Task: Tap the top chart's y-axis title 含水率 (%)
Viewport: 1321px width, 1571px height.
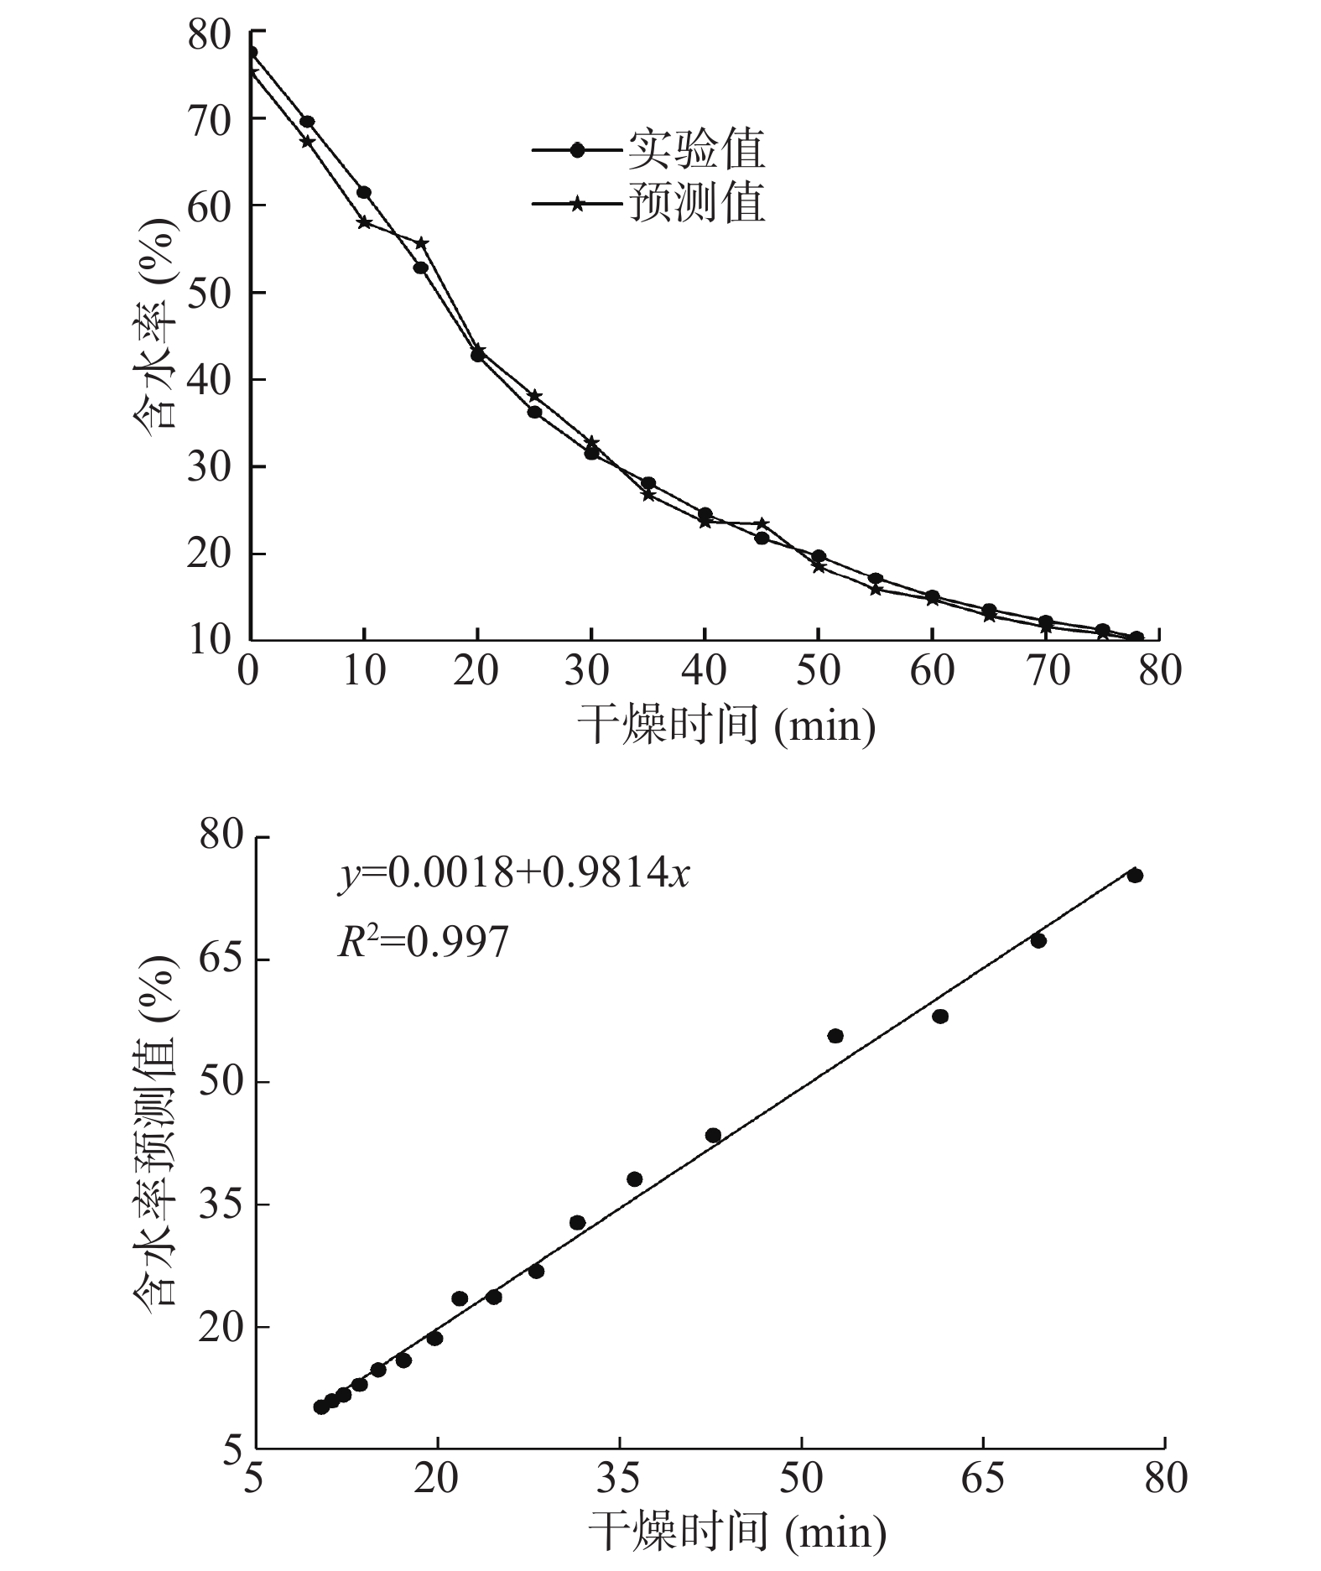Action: tap(155, 323)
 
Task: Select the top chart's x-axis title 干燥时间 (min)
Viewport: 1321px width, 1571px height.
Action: tap(726, 723)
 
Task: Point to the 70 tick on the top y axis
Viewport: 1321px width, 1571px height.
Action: tap(209, 119)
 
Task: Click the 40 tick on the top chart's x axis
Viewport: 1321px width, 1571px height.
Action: tap(705, 670)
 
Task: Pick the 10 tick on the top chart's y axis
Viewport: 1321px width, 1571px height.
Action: tap(209, 640)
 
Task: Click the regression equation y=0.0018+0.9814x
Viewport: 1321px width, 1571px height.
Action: tap(514, 874)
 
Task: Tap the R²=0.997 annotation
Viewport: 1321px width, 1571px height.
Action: tap(424, 942)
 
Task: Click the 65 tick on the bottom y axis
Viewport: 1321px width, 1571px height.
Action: tap(221, 960)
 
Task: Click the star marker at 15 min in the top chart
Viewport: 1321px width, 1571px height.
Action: tap(422, 243)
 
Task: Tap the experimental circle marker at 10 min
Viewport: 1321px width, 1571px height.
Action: tap(364, 192)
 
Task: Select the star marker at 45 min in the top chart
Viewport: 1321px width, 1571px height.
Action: tap(762, 523)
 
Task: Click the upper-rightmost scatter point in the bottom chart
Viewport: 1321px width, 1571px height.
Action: tap(1135, 876)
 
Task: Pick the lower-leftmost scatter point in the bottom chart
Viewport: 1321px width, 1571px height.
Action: tap(320, 1407)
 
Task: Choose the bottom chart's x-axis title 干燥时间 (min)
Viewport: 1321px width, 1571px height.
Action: tap(736, 1532)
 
